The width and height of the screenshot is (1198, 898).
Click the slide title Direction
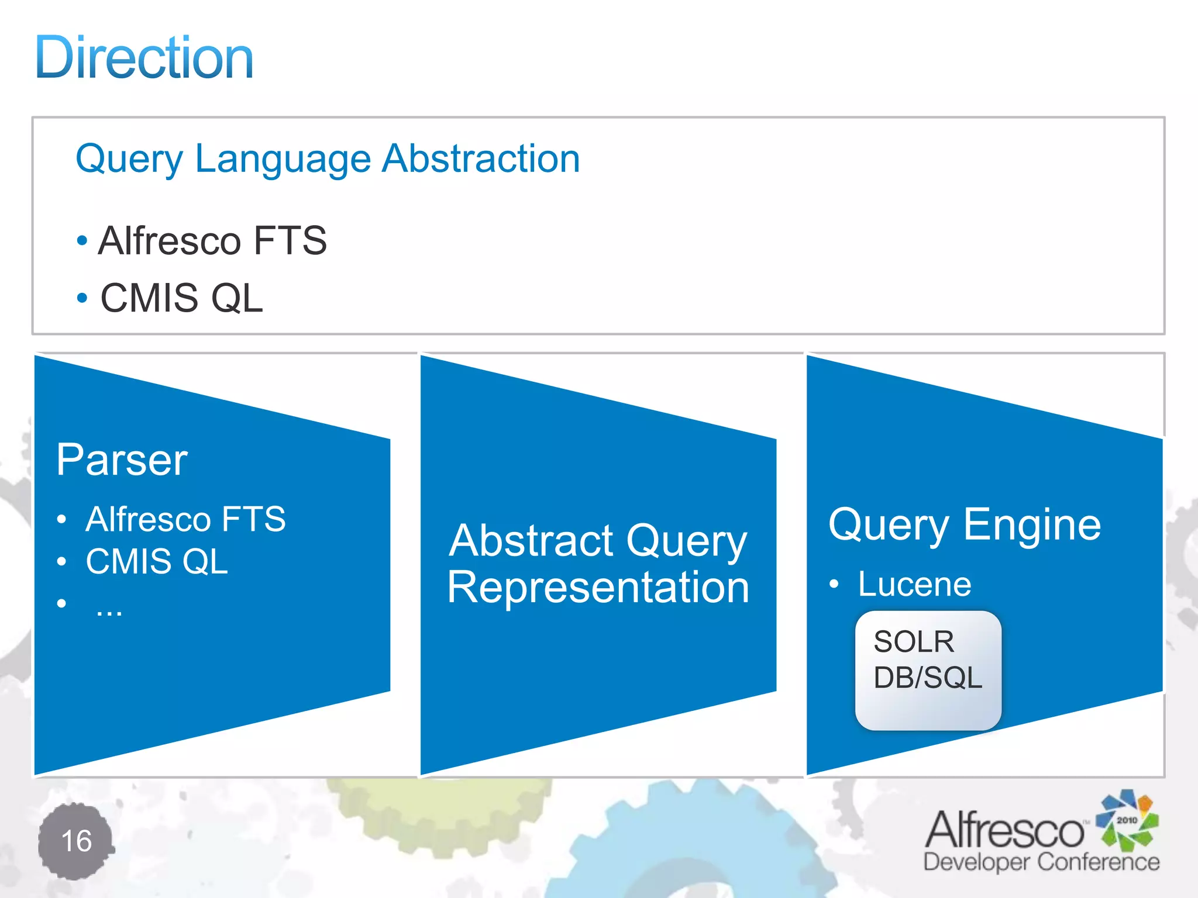(x=144, y=58)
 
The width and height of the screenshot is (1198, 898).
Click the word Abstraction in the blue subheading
(x=481, y=158)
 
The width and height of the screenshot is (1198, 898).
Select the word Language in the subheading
(x=283, y=160)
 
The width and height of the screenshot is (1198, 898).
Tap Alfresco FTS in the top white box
(x=212, y=240)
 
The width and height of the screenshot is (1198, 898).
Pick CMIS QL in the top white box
(x=182, y=298)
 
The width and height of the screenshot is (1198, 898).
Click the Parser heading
(x=122, y=460)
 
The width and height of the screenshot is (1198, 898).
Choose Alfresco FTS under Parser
(x=185, y=519)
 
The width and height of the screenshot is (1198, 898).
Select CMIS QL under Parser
(x=157, y=561)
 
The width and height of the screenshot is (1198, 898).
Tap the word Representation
(x=598, y=587)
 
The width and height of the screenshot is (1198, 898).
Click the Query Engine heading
(x=965, y=524)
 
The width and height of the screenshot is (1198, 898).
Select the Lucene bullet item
(x=914, y=584)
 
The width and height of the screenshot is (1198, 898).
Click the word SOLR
(x=914, y=642)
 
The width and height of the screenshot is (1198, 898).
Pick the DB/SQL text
(x=927, y=678)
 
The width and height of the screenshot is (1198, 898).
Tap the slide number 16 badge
(x=77, y=841)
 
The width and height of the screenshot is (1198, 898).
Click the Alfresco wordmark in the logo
(x=1004, y=830)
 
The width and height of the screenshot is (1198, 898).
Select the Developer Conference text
(x=1041, y=862)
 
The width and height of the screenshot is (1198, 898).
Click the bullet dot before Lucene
(x=834, y=584)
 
